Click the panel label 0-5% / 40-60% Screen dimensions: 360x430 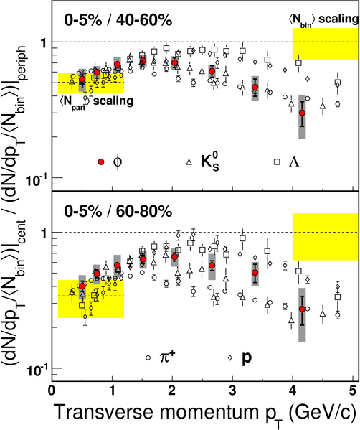(x=118, y=20)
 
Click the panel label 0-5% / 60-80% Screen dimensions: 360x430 (x=118, y=212)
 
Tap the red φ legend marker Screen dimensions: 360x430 (x=101, y=162)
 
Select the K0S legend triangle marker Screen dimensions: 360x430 (x=189, y=162)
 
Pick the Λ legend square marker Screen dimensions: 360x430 (x=277, y=162)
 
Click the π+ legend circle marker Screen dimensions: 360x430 (x=148, y=357)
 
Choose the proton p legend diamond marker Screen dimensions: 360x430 (x=229, y=357)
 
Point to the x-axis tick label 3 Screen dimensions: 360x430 (x=232, y=391)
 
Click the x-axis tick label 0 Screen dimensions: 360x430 (x=52, y=391)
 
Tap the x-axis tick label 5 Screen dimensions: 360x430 (x=353, y=391)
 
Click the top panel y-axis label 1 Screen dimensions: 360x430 (x=44, y=42)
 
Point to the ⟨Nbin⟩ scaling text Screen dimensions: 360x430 (x=323, y=20)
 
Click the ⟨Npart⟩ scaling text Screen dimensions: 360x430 (x=96, y=102)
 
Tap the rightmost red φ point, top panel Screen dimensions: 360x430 (x=302, y=113)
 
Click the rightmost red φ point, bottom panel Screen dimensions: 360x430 (x=302, y=309)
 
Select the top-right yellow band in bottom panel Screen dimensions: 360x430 (x=326, y=237)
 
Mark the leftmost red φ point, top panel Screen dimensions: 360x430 (x=82, y=79)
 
